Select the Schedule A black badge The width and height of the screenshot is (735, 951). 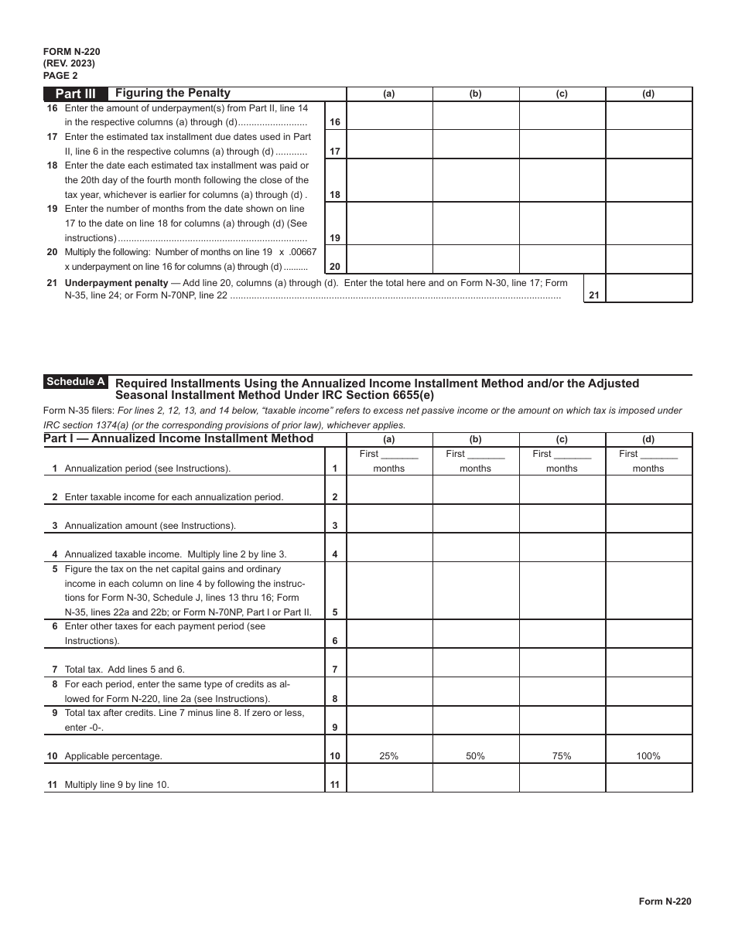click(x=76, y=382)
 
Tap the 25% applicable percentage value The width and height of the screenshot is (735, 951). click(x=389, y=756)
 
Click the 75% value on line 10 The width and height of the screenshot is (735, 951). click(x=562, y=756)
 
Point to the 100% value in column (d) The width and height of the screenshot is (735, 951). click(x=648, y=756)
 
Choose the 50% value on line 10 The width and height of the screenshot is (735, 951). click(x=475, y=756)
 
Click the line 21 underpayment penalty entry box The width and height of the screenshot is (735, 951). click(x=648, y=288)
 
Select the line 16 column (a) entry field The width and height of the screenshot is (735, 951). click(x=389, y=115)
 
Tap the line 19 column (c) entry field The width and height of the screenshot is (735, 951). click(x=562, y=223)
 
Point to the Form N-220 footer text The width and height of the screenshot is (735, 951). click(x=665, y=901)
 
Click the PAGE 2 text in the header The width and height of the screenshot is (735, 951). click(x=60, y=76)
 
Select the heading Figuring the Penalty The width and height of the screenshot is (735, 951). click(x=173, y=94)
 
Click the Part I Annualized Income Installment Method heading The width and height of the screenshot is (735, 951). click(x=179, y=438)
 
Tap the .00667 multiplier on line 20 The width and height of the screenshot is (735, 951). click(x=302, y=252)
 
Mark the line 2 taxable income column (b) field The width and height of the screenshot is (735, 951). click(x=475, y=490)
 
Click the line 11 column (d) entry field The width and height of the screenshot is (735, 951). click(x=648, y=778)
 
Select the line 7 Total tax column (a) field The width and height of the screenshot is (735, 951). click(x=389, y=663)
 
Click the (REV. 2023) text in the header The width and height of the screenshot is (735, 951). click(x=70, y=63)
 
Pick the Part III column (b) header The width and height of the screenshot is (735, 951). click(x=475, y=94)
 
